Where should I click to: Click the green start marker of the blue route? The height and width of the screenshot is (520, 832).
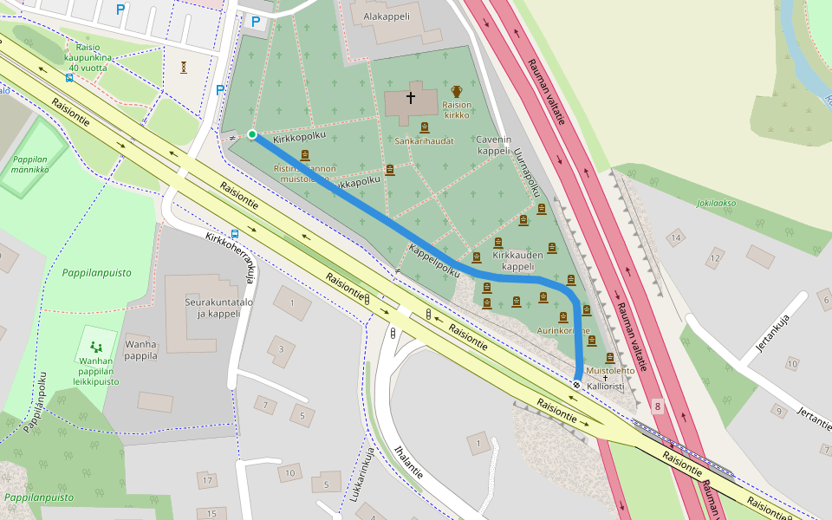(252, 134)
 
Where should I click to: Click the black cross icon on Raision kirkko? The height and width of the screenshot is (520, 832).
(410, 98)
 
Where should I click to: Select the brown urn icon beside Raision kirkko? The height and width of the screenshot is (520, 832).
(457, 91)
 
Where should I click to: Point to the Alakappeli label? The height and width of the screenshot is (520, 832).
(387, 16)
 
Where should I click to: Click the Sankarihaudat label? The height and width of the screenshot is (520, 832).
(424, 140)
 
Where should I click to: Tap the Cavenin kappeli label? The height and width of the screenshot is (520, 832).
(493, 145)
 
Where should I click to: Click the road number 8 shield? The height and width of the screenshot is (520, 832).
(658, 406)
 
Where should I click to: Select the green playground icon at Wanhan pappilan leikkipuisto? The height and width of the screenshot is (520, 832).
(96, 347)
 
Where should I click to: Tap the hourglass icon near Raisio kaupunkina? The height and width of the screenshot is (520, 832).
(184, 67)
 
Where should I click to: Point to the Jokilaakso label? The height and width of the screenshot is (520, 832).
(716, 204)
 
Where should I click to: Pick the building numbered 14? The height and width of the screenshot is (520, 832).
(675, 237)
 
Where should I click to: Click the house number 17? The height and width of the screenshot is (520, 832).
(206, 479)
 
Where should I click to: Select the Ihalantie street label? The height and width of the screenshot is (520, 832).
(408, 464)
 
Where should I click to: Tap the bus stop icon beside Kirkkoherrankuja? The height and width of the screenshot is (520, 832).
(235, 234)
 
